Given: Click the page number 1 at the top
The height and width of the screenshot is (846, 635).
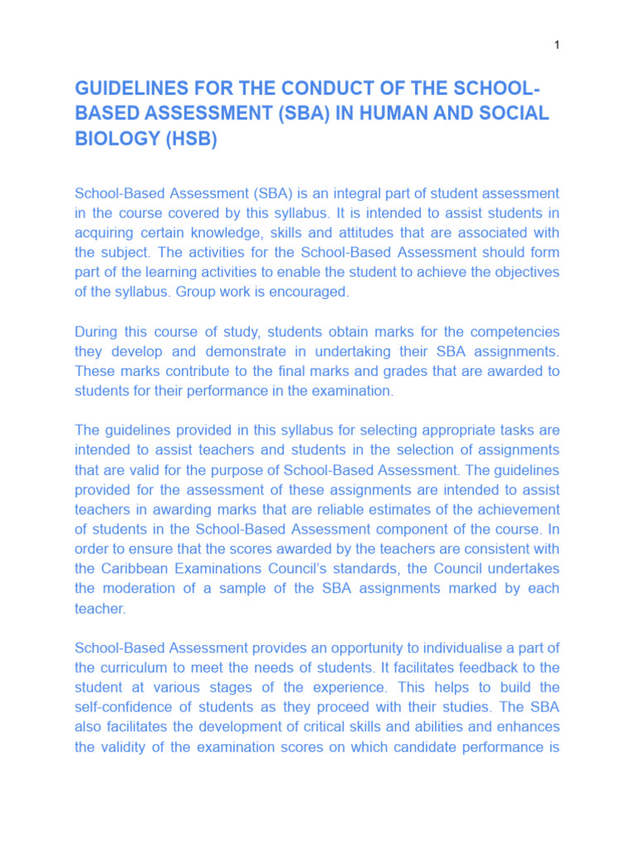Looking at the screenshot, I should click(x=557, y=45).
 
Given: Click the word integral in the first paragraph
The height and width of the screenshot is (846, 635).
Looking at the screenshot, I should click(x=330, y=193).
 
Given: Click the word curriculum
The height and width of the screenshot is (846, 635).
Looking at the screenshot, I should click(x=136, y=668).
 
